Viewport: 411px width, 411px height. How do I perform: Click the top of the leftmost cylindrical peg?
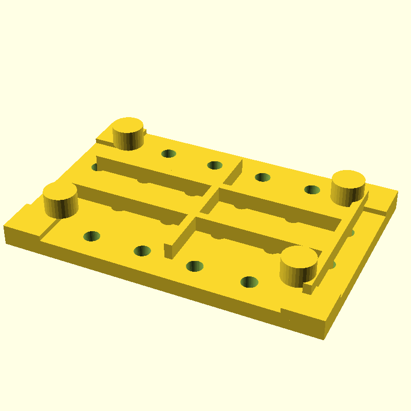coord(60,192)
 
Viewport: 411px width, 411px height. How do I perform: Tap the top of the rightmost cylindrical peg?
coord(348,180)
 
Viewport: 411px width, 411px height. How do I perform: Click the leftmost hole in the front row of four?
coord(92,236)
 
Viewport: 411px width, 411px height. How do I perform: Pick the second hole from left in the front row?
coord(142,251)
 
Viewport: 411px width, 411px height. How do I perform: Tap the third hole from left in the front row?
coord(195,266)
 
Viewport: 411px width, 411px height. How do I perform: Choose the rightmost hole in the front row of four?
coord(250,282)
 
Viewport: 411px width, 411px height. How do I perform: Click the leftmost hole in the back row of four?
coord(169,153)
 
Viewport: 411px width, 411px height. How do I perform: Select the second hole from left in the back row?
coord(215,165)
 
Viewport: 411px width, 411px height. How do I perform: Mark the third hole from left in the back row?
coord(263,177)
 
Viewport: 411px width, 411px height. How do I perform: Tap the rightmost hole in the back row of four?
coord(312,190)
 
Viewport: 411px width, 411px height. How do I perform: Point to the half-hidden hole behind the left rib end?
coord(96,167)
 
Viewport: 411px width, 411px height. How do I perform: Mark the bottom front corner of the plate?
coord(323,337)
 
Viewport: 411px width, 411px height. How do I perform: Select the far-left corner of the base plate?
coord(5,226)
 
